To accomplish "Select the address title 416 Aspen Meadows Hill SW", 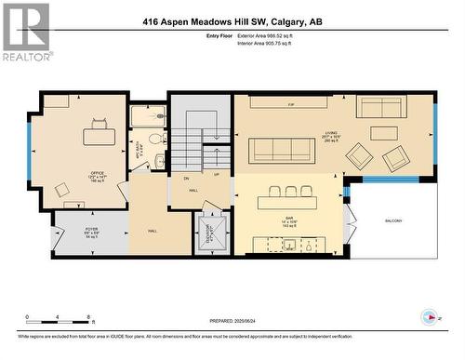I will coord(232,21).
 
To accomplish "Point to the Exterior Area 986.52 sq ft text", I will coord(271,35).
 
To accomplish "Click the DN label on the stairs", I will coord(186,178).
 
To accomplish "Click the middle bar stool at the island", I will coord(290,192).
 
